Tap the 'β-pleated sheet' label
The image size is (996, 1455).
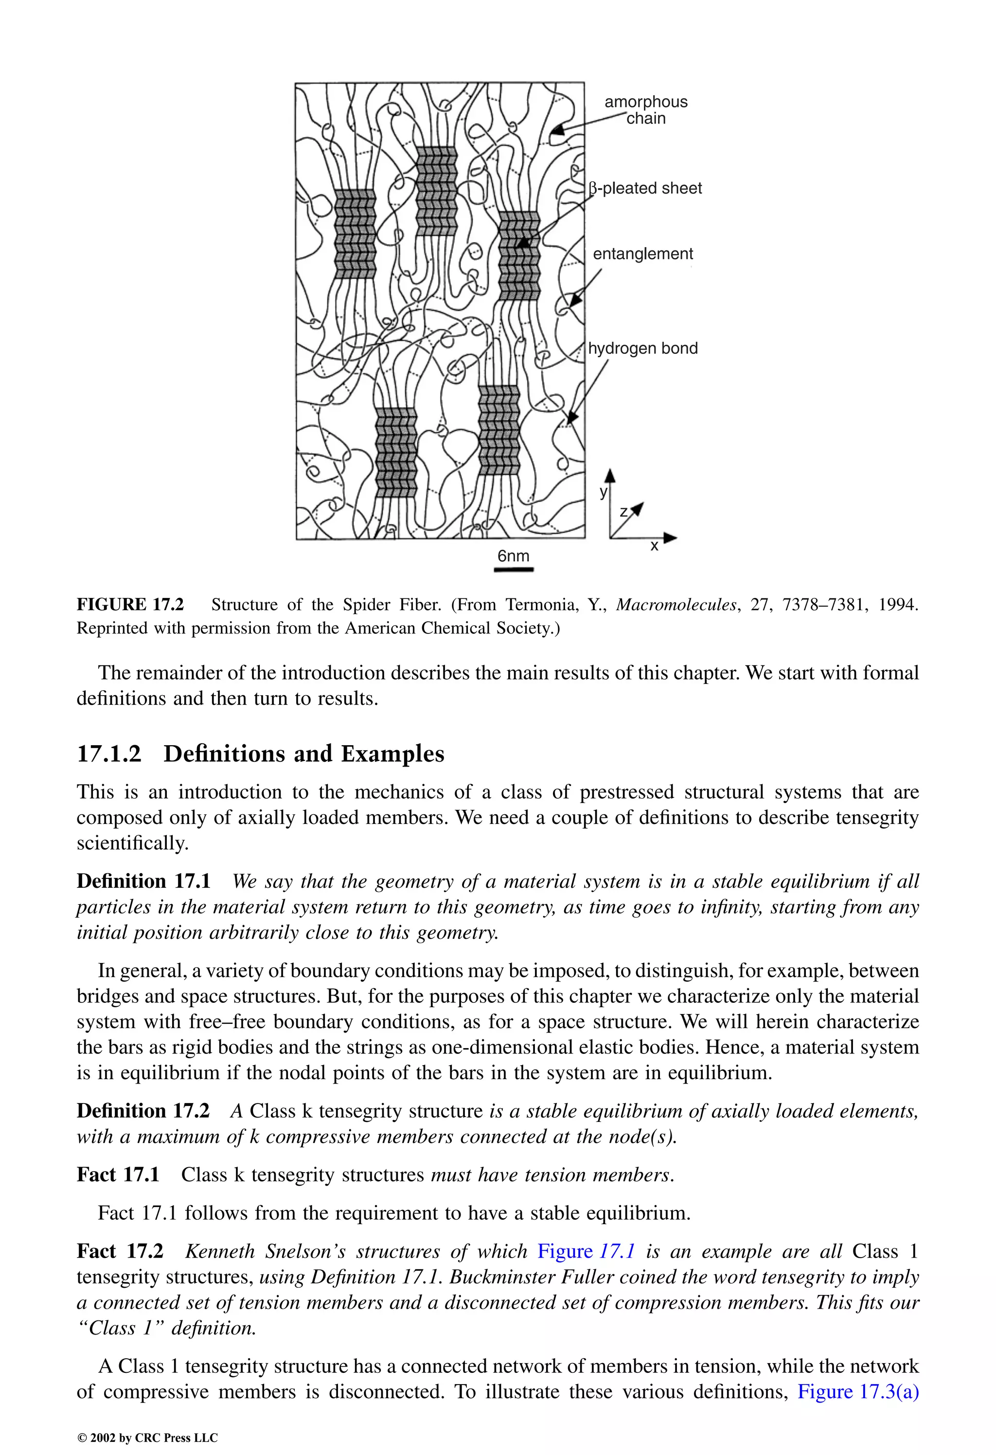point(646,189)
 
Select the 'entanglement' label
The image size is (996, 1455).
point(643,254)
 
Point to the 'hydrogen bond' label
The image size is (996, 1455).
point(643,348)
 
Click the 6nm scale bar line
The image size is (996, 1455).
point(514,570)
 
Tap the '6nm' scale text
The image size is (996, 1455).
point(513,556)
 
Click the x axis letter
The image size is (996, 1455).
point(654,546)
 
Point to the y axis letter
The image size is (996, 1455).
point(603,491)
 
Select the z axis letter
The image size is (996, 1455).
point(624,512)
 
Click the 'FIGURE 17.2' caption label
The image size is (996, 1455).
point(130,605)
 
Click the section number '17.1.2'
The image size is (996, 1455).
point(109,754)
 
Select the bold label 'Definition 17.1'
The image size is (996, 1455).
point(143,881)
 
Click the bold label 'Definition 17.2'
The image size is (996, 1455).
point(143,1111)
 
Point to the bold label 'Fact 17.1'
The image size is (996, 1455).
point(118,1175)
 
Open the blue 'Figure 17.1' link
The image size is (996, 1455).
point(587,1251)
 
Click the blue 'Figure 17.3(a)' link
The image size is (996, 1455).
point(857,1391)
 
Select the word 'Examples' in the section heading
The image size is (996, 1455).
point(392,754)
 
